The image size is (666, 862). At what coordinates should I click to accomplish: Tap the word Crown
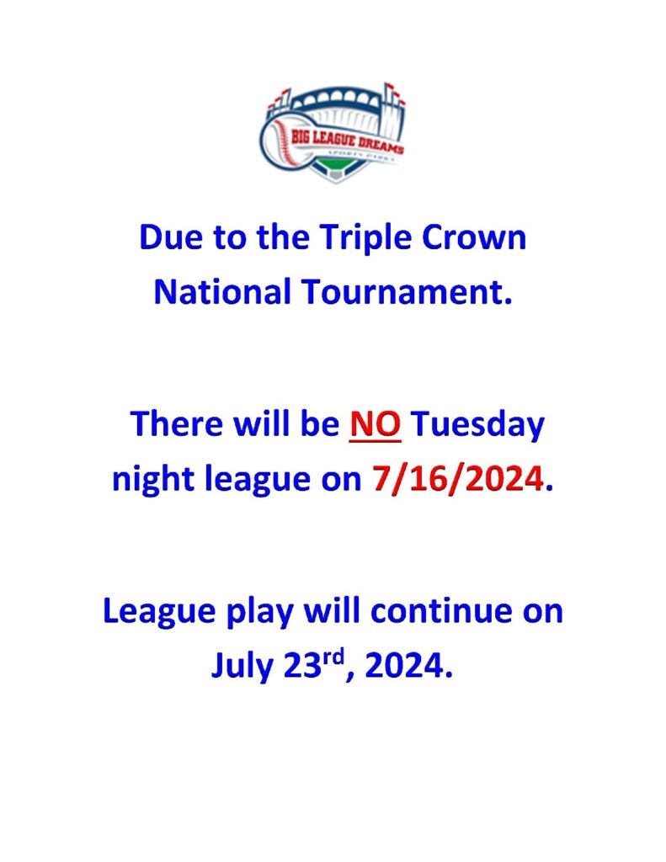(475, 237)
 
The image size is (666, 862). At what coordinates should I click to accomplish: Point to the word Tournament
(407, 291)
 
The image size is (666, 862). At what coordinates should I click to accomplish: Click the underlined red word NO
(375, 424)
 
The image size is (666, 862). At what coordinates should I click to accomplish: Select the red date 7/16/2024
(458, 479)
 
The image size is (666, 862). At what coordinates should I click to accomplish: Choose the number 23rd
(314, 664)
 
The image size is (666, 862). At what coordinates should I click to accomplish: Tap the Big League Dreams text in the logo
(347, 141)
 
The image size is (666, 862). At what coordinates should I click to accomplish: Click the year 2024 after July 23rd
(408, 666)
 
